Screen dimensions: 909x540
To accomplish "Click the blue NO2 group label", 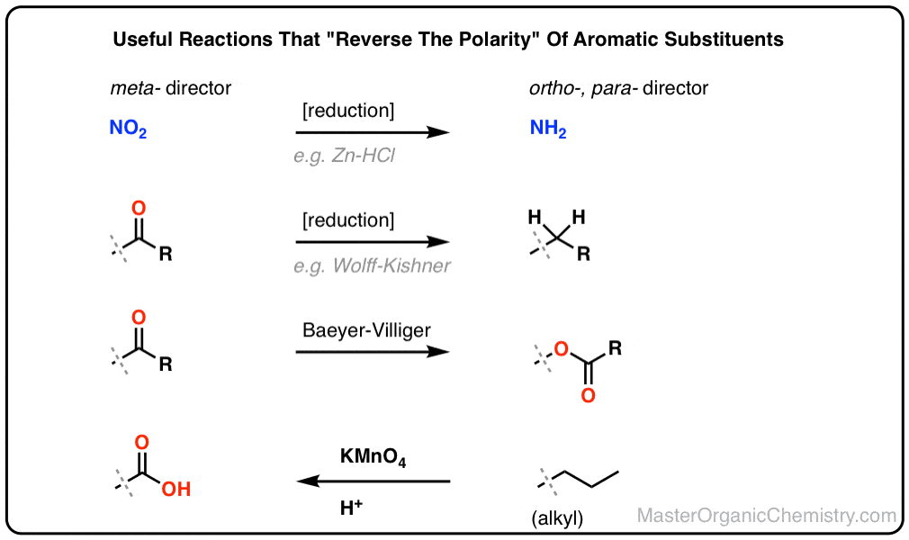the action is click(x=128, y=128).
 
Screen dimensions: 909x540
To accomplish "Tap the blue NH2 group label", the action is click(x=548, y=128).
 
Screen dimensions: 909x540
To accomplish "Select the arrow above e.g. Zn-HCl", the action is click(x=373, y=132).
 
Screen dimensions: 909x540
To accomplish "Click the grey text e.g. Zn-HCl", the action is click(x=345, y=156).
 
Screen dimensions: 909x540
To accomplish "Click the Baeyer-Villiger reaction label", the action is click(x=366, y=330).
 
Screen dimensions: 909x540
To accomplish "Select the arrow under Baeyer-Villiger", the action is click(x=373, y=352).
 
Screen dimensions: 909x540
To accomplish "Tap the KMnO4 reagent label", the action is click(x=373, y=457).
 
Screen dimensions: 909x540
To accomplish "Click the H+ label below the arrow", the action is click(x=351, y=508).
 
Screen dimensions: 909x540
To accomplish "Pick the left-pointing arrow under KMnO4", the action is click(x=373, y=481).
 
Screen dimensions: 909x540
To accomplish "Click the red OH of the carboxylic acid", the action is click(x=176, y=489).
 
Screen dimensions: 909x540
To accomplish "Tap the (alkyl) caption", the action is click(x=557, y=518).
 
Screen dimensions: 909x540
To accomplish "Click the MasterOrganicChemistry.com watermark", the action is click(x=767, y=515).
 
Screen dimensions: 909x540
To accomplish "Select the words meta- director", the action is click(x=170, y=88).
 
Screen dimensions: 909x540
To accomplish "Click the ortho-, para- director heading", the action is click(x=618, y=88).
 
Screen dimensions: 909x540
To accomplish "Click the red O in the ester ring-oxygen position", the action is click(x=561, y=348).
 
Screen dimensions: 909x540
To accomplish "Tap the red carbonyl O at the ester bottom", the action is click(x=588, y=396).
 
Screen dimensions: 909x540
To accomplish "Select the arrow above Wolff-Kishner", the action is click(x=373, y=242).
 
